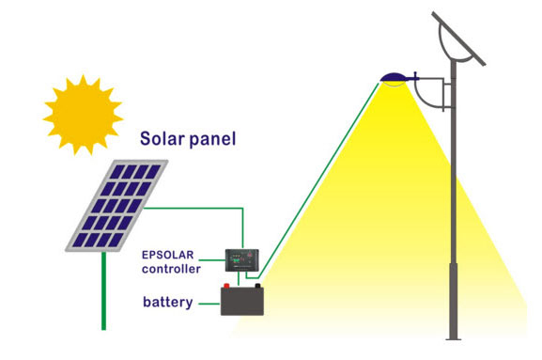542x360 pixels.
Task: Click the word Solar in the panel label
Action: [x=163, y=139]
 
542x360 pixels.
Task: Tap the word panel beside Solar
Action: [x=212, y=140]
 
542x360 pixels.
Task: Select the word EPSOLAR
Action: [x=171, y=254]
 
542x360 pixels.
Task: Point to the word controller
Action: [x=171, y=269]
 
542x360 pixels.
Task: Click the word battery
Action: [x=168, y=303]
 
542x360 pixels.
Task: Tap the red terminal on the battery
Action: [x=226, y=287]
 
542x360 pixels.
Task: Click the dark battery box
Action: [x=242, y=302]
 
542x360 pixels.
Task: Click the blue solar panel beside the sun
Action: [x=116, y=205]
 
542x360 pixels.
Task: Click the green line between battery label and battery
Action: [x=209, y=303]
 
